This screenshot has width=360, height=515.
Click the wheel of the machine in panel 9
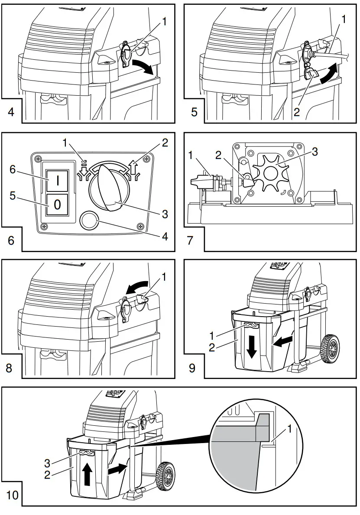331,350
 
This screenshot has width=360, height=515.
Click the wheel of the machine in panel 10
165,476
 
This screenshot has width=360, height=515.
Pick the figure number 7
191,240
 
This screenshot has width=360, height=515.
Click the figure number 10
13,495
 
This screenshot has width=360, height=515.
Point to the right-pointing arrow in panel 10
117,468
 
